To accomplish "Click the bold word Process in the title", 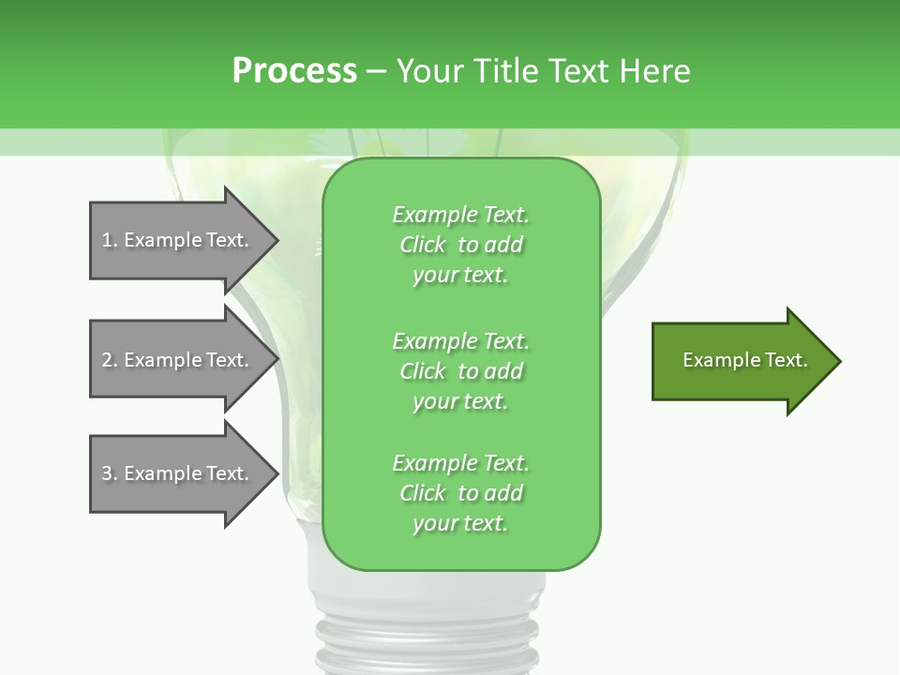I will [294, 71].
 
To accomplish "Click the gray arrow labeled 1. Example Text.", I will [178, 240].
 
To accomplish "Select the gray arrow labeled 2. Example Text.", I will [178, 360].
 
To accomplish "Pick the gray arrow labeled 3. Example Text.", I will [178, 473].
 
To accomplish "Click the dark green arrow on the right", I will [741, 361].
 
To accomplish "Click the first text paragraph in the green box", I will [460, 245].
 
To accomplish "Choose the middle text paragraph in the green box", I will [460, 371].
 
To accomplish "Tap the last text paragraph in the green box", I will [460, 493].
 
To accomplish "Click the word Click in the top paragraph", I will [422, 245].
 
